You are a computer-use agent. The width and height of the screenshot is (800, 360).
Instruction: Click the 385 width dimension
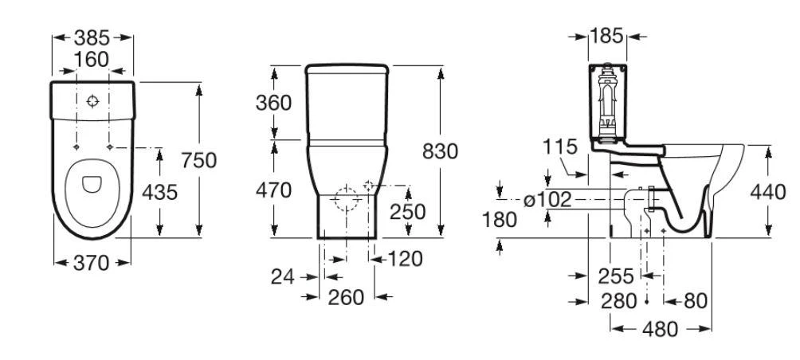click(92, 37)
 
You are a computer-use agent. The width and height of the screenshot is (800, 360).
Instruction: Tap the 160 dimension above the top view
click(92, 60)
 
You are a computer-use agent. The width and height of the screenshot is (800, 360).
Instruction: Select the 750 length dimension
click(199, 160)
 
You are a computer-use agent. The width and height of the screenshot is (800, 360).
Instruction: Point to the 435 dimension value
click(159, 192)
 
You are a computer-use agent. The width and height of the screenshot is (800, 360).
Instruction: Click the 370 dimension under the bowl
click(92, 263)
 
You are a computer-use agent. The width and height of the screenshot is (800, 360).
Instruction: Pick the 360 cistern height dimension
click(273, 103)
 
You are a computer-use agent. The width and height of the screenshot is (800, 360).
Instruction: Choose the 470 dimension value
click(273, 190)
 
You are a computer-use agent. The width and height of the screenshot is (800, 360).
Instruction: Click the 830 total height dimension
click(441, 151)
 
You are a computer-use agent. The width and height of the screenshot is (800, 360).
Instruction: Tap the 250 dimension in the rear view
click(408, 212)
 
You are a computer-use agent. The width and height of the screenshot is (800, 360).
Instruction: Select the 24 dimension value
click(283, 277)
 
